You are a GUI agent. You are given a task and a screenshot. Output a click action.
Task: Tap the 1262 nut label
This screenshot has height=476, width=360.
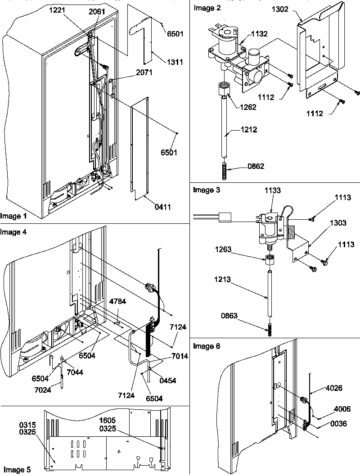click(x=247, y=107)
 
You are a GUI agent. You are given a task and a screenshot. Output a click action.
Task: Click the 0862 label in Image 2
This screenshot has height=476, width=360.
click(x=255, y=167)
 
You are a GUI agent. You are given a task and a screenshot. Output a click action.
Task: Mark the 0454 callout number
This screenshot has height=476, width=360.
click(x=167, y=381)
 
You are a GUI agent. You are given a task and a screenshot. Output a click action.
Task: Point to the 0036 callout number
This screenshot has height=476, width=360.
click(x=342, y=424)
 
